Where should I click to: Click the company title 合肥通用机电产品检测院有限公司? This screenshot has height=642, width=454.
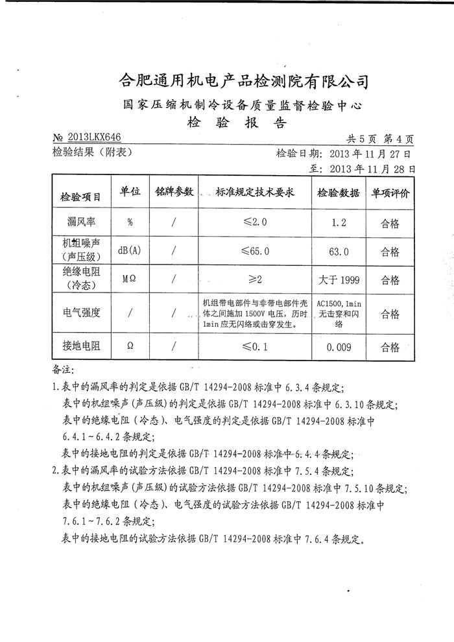click(245, 81)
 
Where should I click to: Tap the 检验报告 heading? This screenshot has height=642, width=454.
click(236, 122)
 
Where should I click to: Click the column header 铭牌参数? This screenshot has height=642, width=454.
click(174, 193)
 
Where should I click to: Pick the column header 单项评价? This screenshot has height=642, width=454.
click(390, 194)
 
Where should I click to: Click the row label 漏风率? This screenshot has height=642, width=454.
click(81, 223)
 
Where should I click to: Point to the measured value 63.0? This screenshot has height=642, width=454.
click(340, 252)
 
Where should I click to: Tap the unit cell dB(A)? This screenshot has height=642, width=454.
click(130, 252)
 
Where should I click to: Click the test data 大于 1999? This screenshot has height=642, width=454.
click(340, 281)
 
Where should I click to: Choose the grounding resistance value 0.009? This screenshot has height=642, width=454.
click(339, 348)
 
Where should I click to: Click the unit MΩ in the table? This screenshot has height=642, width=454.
click(130, 280)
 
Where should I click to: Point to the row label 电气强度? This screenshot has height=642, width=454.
click(81, 313)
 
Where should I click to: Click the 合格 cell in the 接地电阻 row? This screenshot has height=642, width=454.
click(390, 348)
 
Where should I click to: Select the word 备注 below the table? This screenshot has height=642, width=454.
click(62, 370)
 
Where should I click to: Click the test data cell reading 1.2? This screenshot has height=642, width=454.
click(339, 223)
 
